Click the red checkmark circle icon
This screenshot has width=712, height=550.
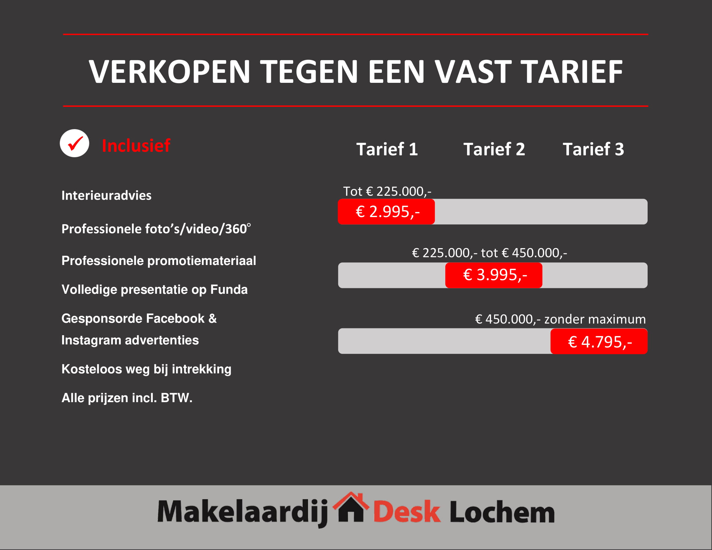[74, 143]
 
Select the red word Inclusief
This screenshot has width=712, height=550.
[136, 145]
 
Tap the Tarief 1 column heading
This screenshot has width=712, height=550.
[387, 149]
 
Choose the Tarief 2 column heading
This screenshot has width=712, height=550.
[494, 149]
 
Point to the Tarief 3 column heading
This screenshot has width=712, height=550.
[593, 149]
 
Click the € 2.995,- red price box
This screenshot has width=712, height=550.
[386, 212]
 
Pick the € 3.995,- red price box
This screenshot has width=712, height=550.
[494, 275]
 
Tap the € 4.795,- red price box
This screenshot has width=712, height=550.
[599, 341]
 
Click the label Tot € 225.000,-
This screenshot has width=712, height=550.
[387, 191]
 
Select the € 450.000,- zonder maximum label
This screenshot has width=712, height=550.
[561, 319]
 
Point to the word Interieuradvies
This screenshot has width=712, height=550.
[106, 195]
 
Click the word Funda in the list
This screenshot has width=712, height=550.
[229, 289]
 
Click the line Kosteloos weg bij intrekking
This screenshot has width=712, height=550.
[146, 369]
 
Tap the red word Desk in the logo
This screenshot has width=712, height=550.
[407, 512]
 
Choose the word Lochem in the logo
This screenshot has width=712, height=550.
[502, 512]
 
